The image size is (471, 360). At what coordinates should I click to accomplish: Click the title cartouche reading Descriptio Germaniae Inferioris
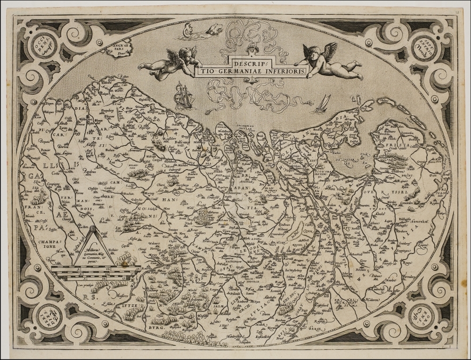tap(268, 67)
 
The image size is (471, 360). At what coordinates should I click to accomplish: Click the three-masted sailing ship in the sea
tap(183, 96)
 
